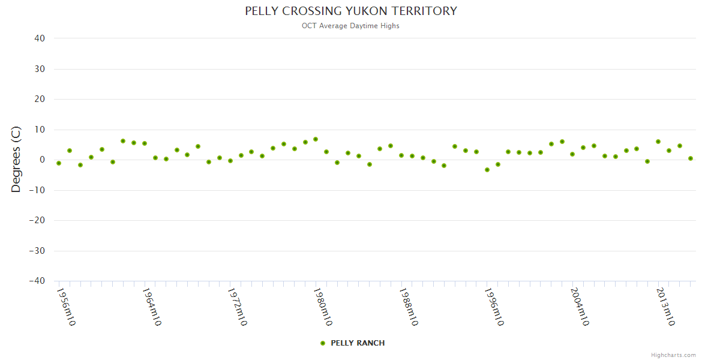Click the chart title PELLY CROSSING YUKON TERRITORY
coord(350,11)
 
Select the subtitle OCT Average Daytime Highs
coord(350,26)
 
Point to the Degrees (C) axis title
coord(16,159)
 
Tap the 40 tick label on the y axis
coord(40,38)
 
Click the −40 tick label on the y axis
coord(37,281)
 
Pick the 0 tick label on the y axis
coord(43,160)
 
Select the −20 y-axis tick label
coord(37,220)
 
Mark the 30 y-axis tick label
coord(40,69)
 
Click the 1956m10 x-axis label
coord(66,307)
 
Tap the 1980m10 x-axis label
coord(323,307)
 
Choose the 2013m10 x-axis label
coord(665,307)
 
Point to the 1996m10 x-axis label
coord(494,307)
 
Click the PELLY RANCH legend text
coord(358,343)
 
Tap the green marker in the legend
coord(323,343)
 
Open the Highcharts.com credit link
coord(673,355)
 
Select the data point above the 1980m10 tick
coord(316,139)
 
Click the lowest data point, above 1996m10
coord(487,170)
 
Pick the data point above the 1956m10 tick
coord(59,163)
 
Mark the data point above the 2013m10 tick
coord(658,142)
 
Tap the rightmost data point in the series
coord(691,158)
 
